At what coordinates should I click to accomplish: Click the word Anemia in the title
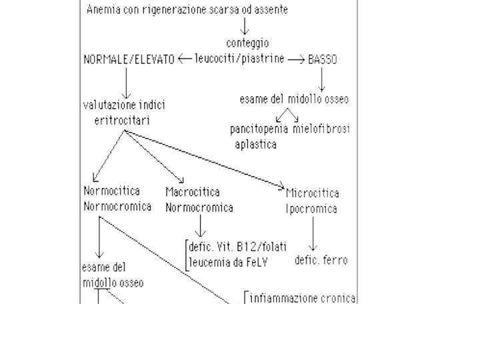104,11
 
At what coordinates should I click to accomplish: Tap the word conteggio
247,43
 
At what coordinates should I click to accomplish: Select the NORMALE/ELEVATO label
129,59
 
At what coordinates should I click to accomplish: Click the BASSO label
323,59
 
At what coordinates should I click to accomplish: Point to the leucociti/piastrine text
239,59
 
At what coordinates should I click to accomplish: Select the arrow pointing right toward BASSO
295,59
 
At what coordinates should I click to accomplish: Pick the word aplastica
255,143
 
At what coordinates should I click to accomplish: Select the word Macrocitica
193,192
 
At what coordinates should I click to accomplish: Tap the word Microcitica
312,193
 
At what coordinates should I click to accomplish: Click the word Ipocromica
311,209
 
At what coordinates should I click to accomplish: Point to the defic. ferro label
321,260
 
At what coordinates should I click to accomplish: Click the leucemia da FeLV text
228,262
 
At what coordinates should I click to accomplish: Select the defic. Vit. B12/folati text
237,247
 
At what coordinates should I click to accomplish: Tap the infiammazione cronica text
303,298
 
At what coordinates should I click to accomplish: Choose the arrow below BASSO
322,79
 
